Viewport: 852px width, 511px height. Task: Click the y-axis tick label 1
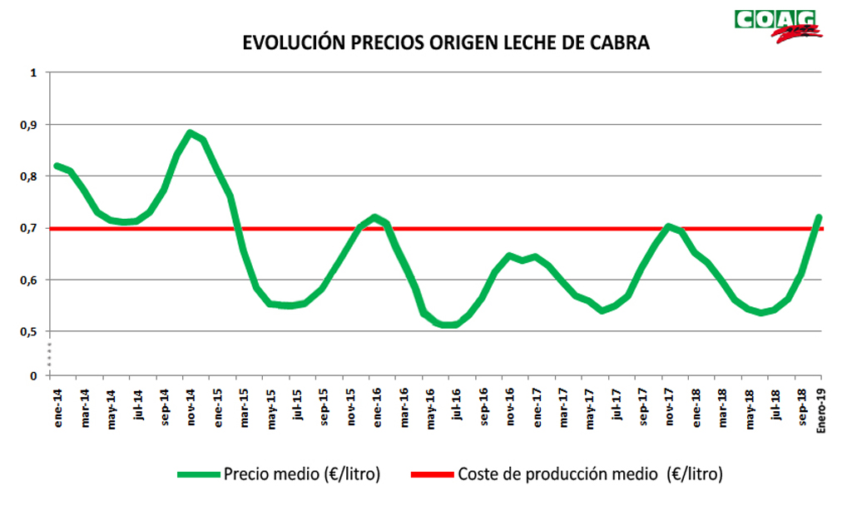pyautogui.click(x=35, y=73)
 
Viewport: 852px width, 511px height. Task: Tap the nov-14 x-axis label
pyautogui.click(x=190, y=408)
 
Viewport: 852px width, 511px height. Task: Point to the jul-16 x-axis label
pyautogui.click(x=455, y=407)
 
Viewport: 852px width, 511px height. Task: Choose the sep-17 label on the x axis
pyautogui.click(x=641, y=408)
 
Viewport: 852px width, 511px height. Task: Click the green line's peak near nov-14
pyautogui.click(x=190, y=133)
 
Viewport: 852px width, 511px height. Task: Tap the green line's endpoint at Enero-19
pyautogui.click(x=819, y=218)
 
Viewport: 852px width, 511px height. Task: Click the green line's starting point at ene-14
pyautogui.click(x=57, y=166)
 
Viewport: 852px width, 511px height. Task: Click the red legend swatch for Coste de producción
pyautogui.click(x=432, y=475)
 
